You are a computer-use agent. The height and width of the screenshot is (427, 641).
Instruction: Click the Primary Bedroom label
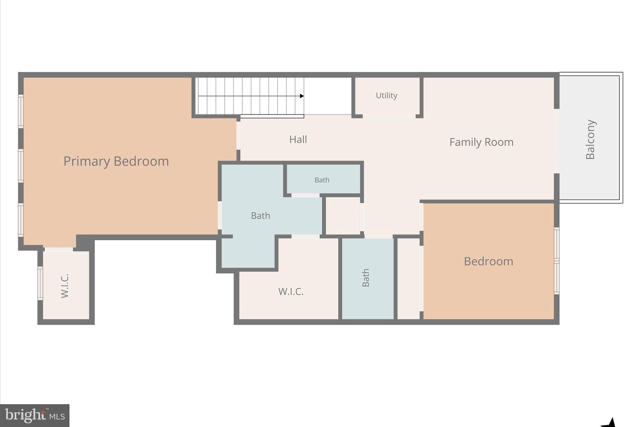(116, 161)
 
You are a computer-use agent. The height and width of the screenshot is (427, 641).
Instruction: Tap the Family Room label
(481, 142)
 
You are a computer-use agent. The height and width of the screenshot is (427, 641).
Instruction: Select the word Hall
(298, 140)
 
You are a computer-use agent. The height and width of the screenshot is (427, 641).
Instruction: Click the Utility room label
(387, 95)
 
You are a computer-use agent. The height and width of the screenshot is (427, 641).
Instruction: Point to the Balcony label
(590, 140)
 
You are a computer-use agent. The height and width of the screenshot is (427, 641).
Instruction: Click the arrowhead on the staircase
(302, 96)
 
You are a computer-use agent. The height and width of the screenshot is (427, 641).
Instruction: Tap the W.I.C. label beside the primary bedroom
(65, 286)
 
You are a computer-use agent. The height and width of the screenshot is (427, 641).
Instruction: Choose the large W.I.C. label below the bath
(291, 292)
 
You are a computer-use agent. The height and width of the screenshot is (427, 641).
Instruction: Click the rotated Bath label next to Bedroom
(366, 277)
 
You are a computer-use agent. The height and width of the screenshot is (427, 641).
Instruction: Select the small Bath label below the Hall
(322, 180)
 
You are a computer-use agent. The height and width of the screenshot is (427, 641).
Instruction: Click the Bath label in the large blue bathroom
(260, 216)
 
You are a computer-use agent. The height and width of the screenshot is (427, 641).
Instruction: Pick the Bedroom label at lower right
(488, 262)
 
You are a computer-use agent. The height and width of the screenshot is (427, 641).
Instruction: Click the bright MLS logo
(35, 415)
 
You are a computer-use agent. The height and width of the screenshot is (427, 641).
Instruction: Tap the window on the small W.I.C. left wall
(40, 283)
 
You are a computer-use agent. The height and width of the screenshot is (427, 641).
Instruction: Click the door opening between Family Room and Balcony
(556, 141)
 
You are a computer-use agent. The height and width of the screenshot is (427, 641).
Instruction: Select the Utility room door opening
(389, 116)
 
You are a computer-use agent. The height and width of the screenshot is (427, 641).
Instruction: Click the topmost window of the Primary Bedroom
(21, 111)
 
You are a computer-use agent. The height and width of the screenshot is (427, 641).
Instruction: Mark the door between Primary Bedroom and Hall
(238, 135)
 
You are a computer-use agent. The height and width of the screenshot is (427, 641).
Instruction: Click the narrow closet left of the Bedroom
(408, 278)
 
